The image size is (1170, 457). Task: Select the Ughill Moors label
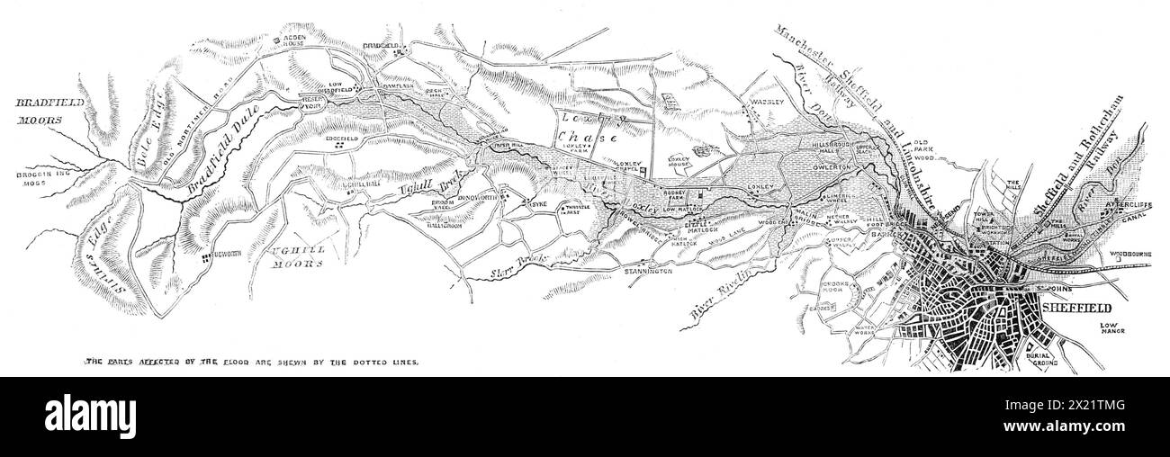click(297, 259)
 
